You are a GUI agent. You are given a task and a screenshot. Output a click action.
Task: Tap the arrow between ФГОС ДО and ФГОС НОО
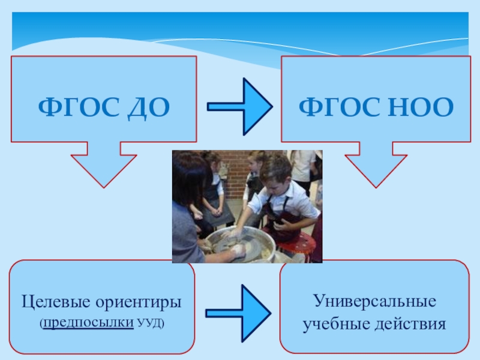click(x=240, y=106)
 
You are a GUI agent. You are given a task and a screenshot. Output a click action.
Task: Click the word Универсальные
click(x=374, y=300)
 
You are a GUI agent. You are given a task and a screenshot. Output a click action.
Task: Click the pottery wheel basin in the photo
click(x=240, y=243)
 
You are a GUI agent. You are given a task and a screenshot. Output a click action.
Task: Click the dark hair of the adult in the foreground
click(x=190, y=180)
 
